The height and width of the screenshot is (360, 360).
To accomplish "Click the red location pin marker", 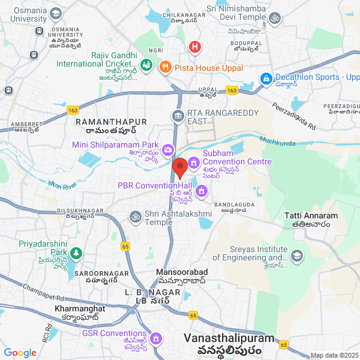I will point(179,167).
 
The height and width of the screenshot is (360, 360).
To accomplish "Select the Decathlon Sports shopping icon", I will point(266,78).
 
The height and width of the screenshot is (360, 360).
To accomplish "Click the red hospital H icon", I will point(195,46).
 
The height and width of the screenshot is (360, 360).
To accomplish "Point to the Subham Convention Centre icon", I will point(194,162).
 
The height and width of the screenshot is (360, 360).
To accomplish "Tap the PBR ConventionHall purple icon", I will point(202,191).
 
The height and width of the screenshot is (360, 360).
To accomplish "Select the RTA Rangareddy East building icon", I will point(178,115).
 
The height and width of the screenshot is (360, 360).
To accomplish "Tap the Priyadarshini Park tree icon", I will point(75,254).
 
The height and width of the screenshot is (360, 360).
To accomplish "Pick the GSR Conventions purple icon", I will point(156,338).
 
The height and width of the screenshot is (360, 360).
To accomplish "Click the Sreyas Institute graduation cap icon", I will point(296,257).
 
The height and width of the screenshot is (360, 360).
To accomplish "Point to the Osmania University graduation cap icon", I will point(56,13).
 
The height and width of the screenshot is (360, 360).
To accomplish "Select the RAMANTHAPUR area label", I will point(106,121).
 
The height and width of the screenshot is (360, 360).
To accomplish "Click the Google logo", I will point(20,353).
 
